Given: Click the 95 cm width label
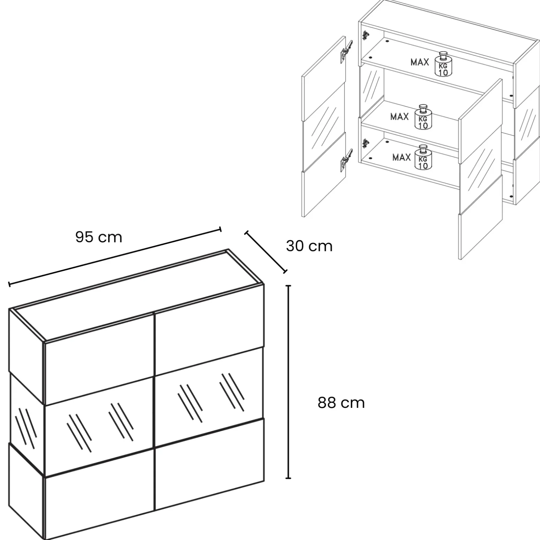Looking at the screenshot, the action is pos(99,237).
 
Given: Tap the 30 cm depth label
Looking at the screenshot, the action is pos(309,246).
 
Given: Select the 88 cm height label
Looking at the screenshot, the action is pos(341,403).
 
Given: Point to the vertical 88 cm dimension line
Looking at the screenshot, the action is pos(289,382).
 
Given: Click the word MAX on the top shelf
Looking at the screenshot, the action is pos(420,62).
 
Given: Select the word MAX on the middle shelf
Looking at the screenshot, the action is pos(399,117).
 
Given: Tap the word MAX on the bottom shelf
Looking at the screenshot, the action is pos(401,157).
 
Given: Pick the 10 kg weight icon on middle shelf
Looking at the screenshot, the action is pos(423,117).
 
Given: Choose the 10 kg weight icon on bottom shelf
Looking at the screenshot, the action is pos(423,157).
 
